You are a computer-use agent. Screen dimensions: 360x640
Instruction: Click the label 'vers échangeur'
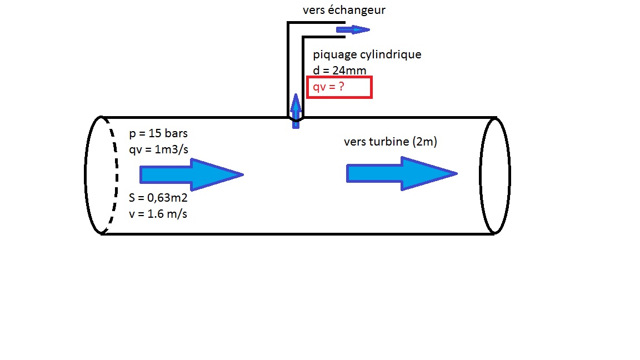click(x=344, y=11)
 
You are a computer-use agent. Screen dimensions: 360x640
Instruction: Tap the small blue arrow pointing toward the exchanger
click(x=352, y=29)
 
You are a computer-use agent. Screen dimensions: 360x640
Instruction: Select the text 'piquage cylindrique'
click(x=367, y=54)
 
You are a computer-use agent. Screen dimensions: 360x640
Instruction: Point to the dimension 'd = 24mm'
click(x=339, y=70)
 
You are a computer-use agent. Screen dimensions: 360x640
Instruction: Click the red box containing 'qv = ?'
click(x=339, y=88)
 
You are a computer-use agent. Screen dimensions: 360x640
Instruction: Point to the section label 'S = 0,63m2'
click(x=159, y=198)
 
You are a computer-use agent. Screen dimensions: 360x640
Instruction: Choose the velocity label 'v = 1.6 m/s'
click(x=158, y=213)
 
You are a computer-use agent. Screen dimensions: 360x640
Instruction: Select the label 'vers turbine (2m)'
click(x=390, y=142)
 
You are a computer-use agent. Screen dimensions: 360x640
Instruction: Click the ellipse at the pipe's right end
click(x=495, y=175)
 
